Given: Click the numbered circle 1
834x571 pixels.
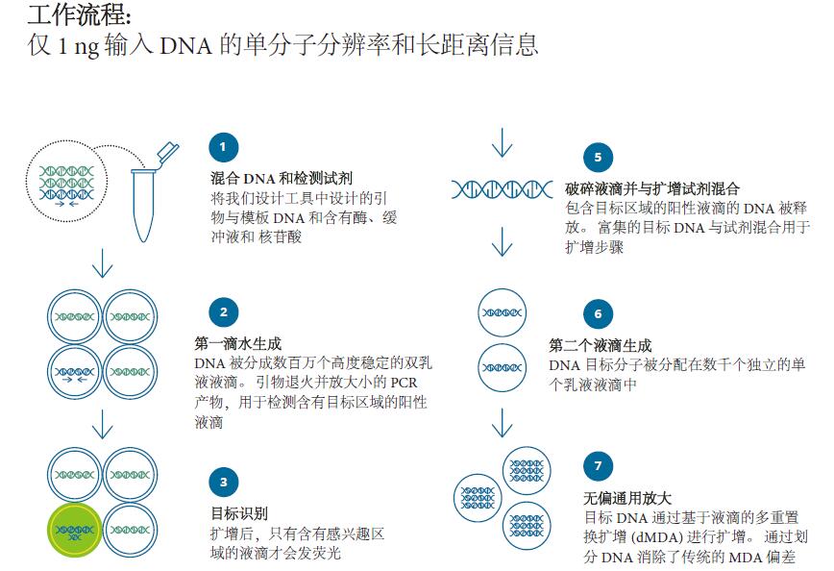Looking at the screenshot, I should [x=223, y=147].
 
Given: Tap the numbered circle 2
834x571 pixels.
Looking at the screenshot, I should [x=223, y=312].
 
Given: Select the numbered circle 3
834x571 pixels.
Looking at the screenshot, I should [x=223, y=482].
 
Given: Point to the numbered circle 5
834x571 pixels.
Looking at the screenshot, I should [x=598, y=158].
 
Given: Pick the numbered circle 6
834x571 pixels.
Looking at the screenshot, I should [x=598, y=313].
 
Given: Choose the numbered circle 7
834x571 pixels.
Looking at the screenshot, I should [x=598, y=466].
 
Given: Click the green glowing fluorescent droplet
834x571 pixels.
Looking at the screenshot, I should [x=74, y=530].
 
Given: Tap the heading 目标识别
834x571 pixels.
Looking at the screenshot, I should [x=240, y=512].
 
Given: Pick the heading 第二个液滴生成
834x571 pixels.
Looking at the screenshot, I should [x=601, y=345].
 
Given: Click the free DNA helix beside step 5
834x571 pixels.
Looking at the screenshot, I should [x=503, y=189].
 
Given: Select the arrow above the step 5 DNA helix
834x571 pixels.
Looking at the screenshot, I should [x=501, y=144].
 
